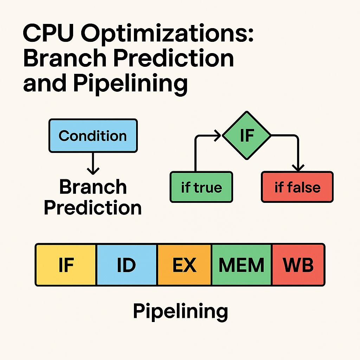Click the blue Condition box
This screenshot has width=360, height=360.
[93, 136]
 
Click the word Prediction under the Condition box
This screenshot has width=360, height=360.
[93, 208]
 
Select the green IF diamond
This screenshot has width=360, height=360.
[247, 135]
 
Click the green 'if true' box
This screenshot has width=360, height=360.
[201, 187]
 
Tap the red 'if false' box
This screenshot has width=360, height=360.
[297, 187]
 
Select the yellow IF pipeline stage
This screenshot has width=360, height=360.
[66, 265]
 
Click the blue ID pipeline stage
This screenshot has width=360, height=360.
[127, 265]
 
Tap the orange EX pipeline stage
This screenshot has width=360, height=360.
[184, 265]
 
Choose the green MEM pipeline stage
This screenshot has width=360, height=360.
[241, 265]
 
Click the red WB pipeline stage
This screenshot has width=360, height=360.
[298, 265]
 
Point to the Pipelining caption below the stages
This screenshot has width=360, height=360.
[180, 311]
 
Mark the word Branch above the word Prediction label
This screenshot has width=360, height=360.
[93, 187]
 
